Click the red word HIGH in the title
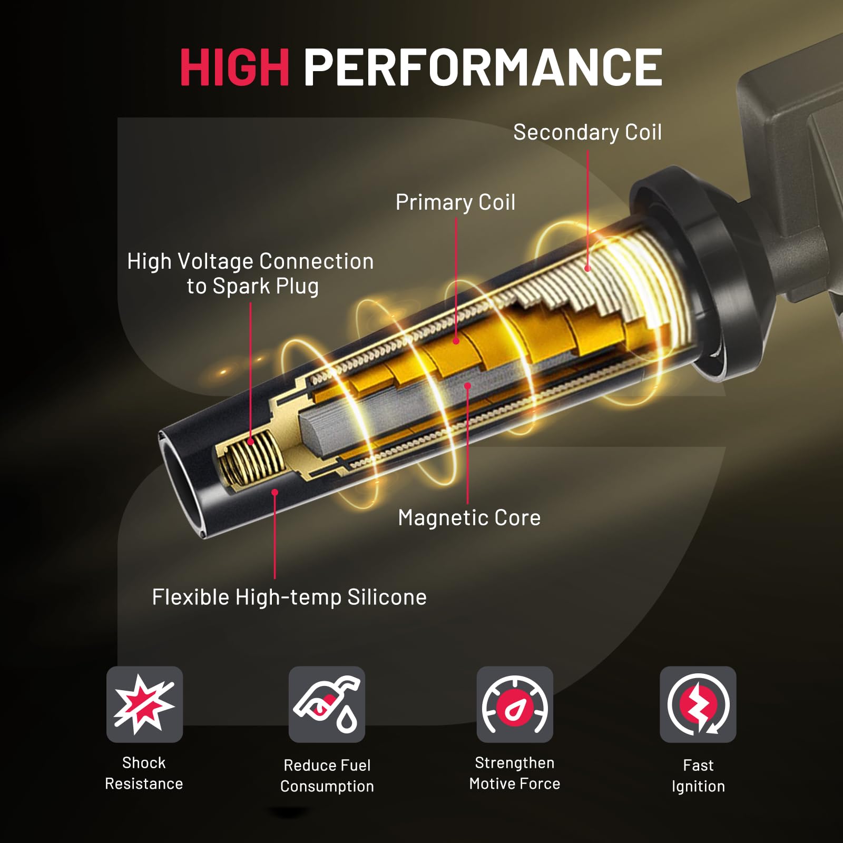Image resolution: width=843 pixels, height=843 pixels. point(234,67)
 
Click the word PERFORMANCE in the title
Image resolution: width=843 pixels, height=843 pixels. point(482,67)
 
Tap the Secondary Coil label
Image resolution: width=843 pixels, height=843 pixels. point(587,132)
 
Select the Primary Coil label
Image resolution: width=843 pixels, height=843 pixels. point(455,202)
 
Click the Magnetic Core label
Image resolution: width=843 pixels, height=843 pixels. point(469,518)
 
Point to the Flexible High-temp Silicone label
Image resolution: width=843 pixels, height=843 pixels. point(289,597)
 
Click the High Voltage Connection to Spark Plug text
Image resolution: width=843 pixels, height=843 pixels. point(251,274)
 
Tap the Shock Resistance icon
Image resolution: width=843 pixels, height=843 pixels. point(144,704)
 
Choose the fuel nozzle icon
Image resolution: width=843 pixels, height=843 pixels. point(327,704)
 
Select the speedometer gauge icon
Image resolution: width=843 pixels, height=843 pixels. point(515,704)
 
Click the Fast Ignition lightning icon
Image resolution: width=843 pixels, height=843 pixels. point(698,704)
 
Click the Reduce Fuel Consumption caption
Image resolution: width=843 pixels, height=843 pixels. point(327,776)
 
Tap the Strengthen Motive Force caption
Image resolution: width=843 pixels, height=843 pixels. point(515,773)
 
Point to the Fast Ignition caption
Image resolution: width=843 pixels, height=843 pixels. point(698,776)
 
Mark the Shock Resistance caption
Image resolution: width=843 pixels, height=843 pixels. point(144,773)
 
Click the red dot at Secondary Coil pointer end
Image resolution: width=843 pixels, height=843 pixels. point(587,269)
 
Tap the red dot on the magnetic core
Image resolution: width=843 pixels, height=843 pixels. point(467,386)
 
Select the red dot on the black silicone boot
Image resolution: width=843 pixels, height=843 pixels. point(275,492)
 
